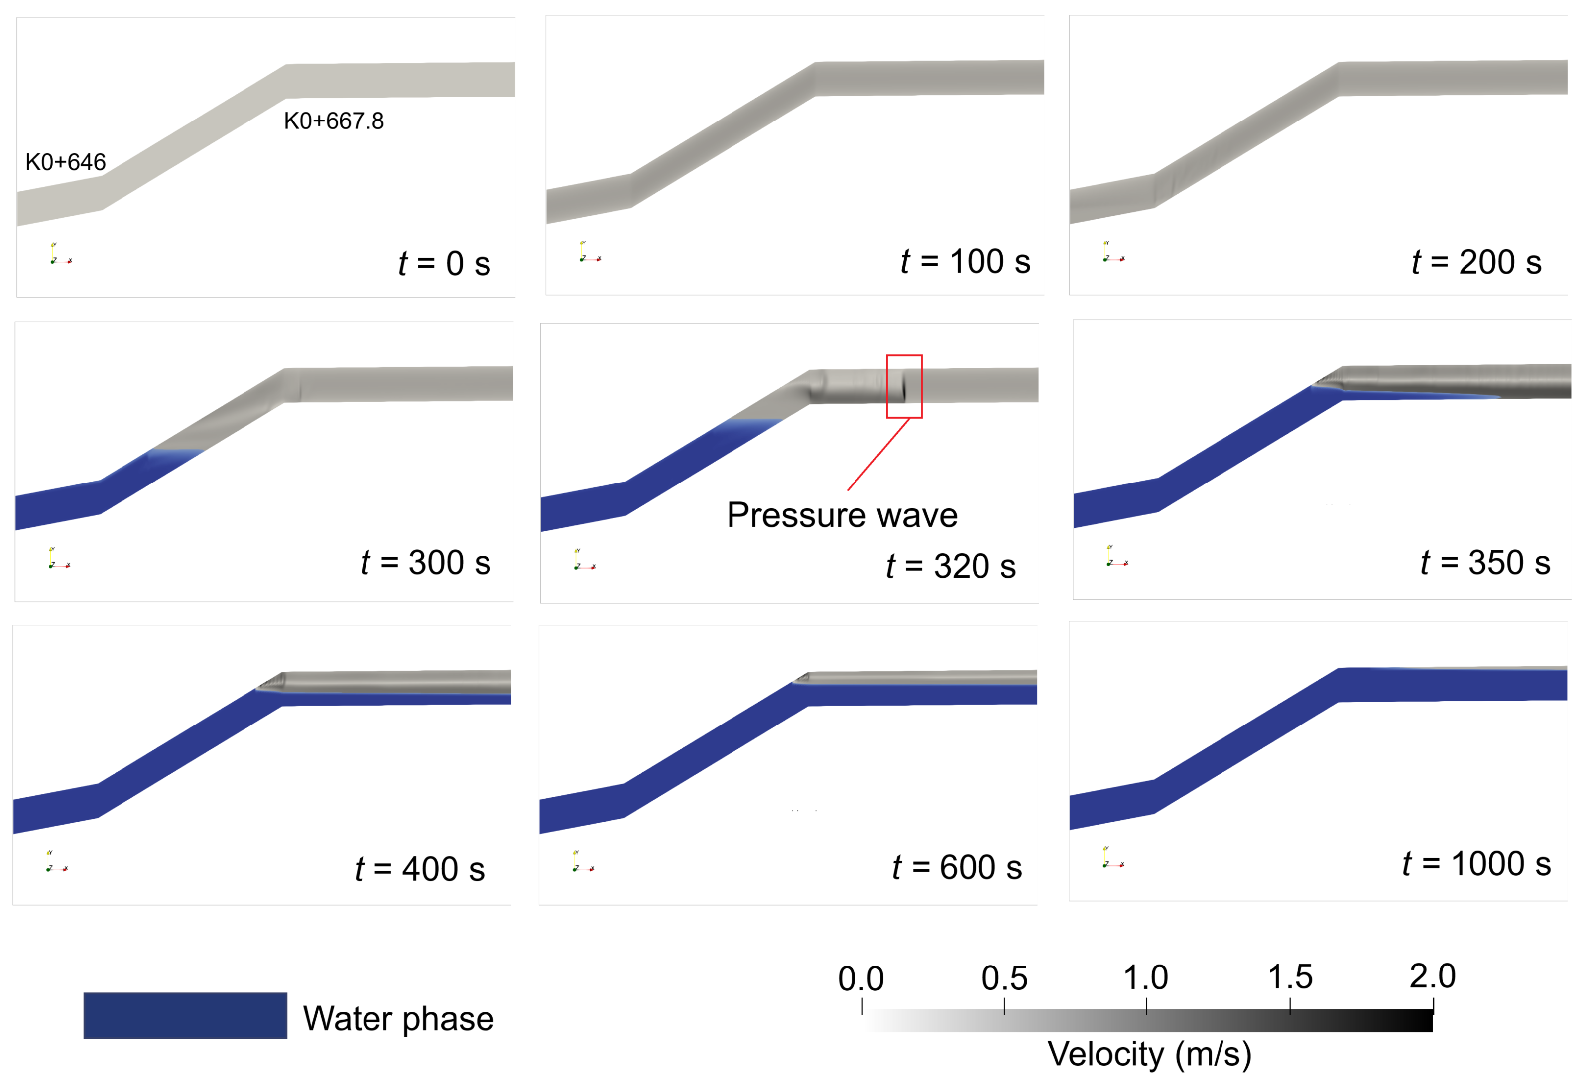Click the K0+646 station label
(x=66, y=162)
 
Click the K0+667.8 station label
(x=334, y=121)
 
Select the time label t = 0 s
(x=445, y=264)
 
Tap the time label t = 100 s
(x=966, y=262)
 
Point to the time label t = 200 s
(x=1476, y=263)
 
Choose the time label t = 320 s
(x=951, y=567)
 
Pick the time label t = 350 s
(x=1485, y=563)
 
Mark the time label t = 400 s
(x=420, y=870)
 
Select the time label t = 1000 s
(x=1476, y=864)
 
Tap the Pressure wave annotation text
(x=842, y=515)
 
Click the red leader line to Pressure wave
(x=878, y=455)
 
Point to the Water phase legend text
(x=398, y=1019)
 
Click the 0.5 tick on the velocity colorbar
(x=1004, y=1006)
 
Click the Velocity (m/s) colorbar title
(x=1149, y=1054)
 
